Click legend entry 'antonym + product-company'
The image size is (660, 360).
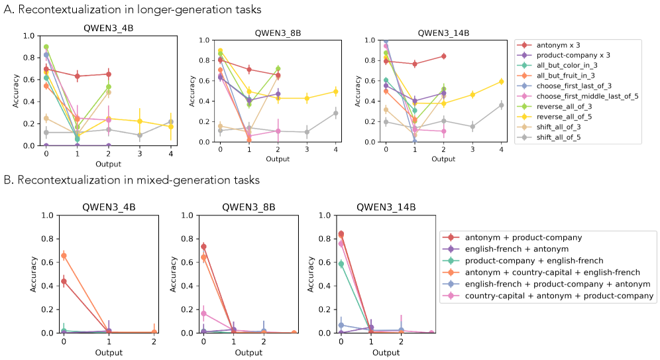(523, 237)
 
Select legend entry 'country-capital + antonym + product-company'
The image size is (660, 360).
(559, 296)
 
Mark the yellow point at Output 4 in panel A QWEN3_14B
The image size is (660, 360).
(502, 82)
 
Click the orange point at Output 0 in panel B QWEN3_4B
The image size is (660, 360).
(64, 255)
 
